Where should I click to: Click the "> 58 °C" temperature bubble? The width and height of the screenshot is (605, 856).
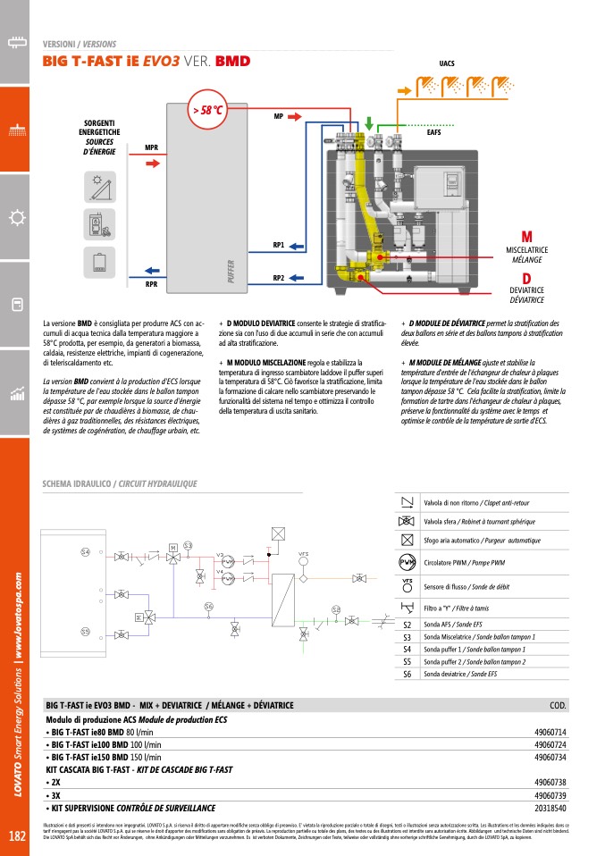click(x=206, y=111)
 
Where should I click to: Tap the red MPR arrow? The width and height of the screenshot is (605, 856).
click(x=152, y=164)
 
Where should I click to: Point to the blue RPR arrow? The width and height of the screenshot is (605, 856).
click(x=152, y=270)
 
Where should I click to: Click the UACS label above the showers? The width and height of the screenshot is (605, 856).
click(x=447, y=65)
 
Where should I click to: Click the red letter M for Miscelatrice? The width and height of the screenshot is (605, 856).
click(x=526, y=236)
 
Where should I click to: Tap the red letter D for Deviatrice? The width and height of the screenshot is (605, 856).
click(x=526, y=278)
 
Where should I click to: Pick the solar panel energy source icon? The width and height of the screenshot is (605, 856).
click(x=94, y=187)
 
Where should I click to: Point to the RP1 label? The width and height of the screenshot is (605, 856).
click(x=278, y=245)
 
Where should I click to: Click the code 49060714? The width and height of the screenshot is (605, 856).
click(x=550, y=732)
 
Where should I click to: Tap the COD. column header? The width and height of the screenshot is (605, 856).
click(x=558, y=706)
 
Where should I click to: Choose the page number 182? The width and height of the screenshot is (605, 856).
click(x=16, y=836)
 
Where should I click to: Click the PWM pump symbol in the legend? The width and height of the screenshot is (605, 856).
click(x=407, y=562)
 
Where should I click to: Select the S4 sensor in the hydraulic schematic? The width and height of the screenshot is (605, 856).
click(x=85, y=552)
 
